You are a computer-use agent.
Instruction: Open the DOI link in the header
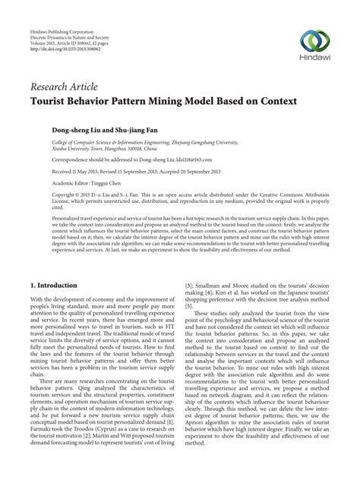pyautogui.click(x=66, y=57)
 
